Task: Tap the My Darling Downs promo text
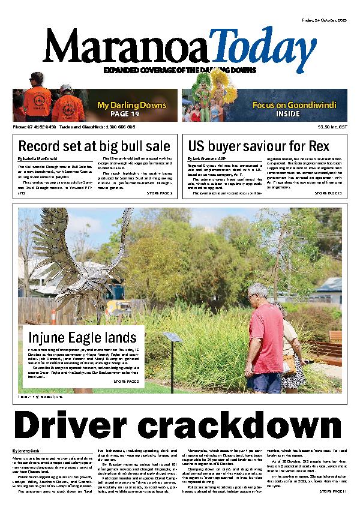pyautogui.click(x=131, y=106)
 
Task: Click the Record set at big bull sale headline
pyautogui.click(x=94, y=146)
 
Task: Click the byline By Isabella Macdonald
pyautogui.click(x=37, y=159)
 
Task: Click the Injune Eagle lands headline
pyautogui.click(x=82, y=337)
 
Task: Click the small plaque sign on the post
pyautogui.click(x=172, y=337)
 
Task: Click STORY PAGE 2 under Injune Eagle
pyautogui.click(x=126, y=381)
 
